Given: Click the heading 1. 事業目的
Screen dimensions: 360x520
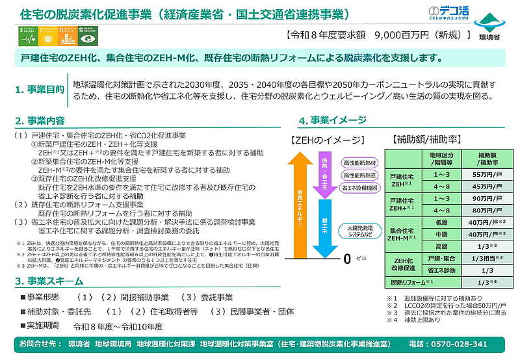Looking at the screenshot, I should click(x=40, y=89).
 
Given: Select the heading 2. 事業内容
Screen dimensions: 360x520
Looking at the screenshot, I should click(x=40, y=121).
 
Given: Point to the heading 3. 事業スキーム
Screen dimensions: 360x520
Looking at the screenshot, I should click(x=49, y=281).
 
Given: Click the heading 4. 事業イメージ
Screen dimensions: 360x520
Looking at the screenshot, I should click(x=331, y=121).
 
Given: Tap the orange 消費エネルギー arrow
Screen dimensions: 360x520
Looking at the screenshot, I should click(x=300, y=208).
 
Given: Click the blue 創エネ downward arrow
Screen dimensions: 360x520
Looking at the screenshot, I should click(x=325, y=227).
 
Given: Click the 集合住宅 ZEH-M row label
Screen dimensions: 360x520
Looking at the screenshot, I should click(x=401, y=235).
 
